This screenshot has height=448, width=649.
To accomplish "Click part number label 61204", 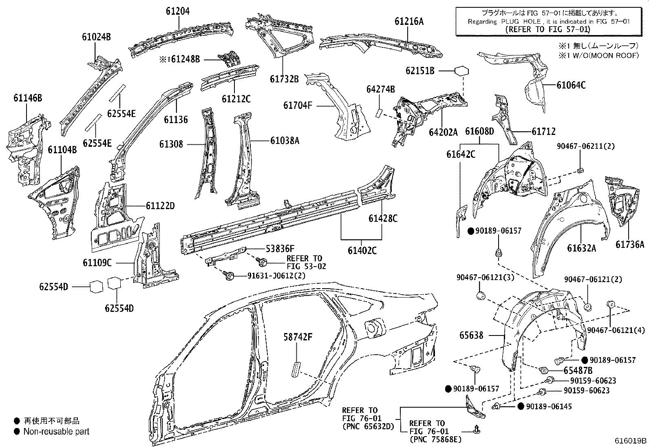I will tap(177, 11).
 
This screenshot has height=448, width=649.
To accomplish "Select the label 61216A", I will tap(408, 21).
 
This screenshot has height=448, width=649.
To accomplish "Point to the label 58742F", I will tap(298, 337).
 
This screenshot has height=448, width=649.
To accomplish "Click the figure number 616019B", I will tap(631, 440).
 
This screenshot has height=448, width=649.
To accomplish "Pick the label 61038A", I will tap(285, 141).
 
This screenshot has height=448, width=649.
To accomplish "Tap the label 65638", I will tap(471, 335).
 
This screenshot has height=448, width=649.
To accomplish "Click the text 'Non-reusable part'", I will tap(56, 431).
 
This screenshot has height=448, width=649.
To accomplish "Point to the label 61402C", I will tap(362, 250).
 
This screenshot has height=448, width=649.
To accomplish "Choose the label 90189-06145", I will tap(549, 406).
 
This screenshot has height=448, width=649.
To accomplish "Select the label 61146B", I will tap(28, 98).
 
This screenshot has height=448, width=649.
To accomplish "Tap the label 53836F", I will tap(274, 248).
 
